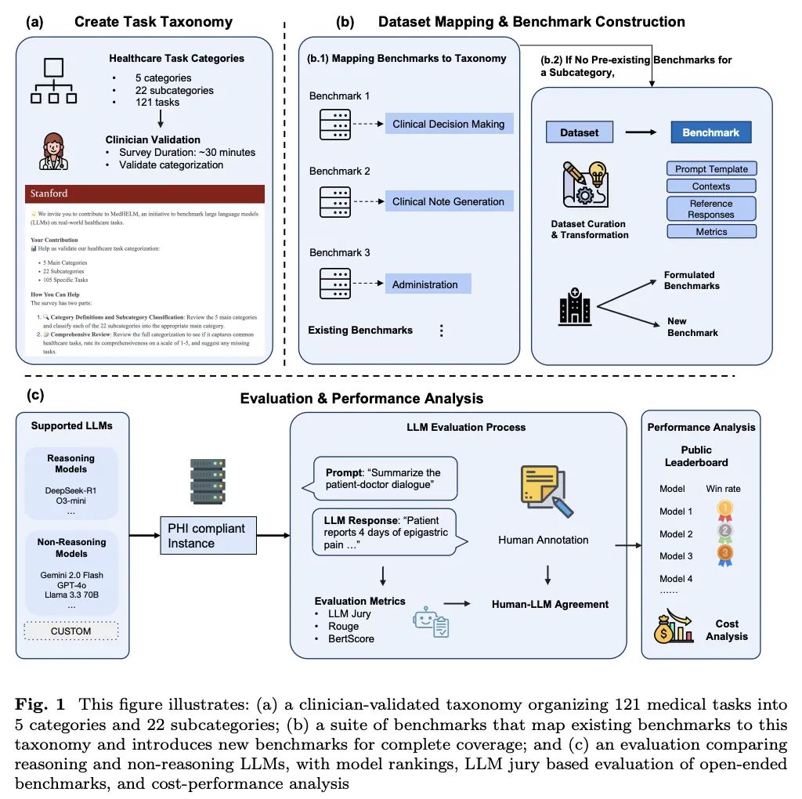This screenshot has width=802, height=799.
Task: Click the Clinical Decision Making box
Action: (449, 124)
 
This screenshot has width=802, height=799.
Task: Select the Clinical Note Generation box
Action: (449, 201)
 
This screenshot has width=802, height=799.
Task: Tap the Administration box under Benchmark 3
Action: (427, 284)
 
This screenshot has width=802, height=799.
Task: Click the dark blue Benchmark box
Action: (710, 132)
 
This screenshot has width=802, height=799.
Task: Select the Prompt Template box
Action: (711, 168)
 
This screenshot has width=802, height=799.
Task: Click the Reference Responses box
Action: (711, 208)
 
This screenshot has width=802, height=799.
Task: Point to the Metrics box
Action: (711, 232)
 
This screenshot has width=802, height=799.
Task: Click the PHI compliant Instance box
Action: (206, 536)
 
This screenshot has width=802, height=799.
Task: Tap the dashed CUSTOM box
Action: (71, 631)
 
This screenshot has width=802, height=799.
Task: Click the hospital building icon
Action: (574, 306)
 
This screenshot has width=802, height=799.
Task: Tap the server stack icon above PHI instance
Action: (208, 482)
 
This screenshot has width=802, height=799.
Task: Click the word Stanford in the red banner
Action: (49, 193)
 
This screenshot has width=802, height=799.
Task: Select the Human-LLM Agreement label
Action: (550, 604)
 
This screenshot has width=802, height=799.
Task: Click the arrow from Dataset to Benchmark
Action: (641, 132)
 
